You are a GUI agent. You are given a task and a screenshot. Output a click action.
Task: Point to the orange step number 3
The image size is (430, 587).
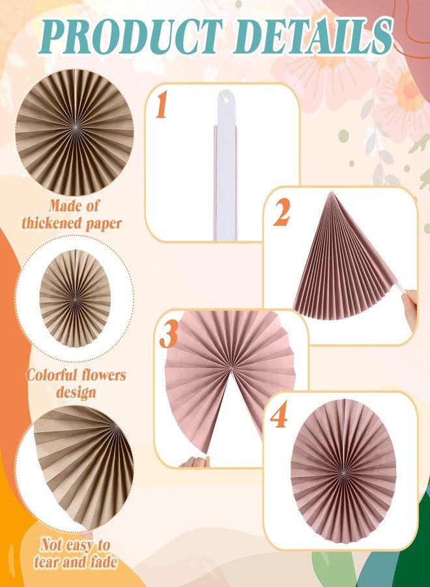click(x=169, y=335)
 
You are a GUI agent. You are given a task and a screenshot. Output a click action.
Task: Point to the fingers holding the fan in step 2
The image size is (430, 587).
click(x=410, y=304)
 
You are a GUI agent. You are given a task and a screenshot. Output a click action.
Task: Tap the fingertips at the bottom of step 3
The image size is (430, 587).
click(x=193, y=461)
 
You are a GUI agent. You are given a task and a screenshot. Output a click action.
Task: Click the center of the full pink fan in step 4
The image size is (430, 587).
click(x=343, y=469)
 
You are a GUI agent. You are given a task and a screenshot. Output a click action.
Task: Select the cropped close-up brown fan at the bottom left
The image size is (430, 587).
click(x=81, y=463)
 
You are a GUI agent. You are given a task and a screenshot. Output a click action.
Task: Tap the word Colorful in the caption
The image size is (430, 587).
click(x=51, y=376)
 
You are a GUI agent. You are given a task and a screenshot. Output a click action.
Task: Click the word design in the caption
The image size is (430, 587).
click(x=76, y=392)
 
